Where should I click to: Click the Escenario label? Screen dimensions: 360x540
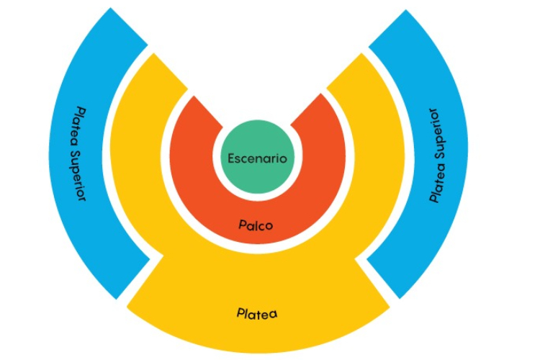pos(257,158)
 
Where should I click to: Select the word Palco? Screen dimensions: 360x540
pos(256,225)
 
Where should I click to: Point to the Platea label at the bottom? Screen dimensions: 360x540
pos(257,314)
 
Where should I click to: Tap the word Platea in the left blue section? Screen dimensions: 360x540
pos(81,122)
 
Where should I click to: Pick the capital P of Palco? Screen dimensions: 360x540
pos(243,225)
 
